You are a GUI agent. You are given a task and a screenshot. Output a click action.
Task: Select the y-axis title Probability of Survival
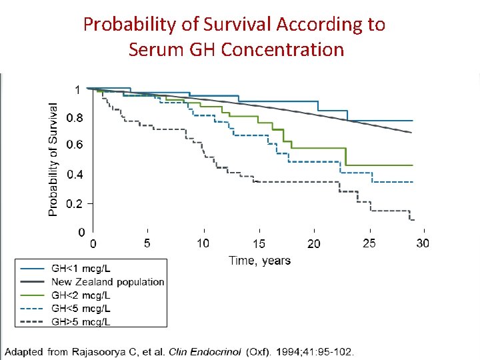pos(53,159)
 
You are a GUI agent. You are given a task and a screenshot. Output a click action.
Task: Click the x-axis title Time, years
pos(259,260)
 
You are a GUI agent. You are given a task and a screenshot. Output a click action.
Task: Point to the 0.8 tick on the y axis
pos(75,118)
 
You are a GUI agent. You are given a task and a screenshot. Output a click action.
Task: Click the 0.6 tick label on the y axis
pos(75,145)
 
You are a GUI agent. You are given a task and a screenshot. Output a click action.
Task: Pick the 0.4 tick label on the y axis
pos(75,175)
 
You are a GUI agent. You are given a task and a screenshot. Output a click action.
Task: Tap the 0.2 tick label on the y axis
pos(75,204)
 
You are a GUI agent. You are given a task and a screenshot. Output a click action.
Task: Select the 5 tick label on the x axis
pos(147,243)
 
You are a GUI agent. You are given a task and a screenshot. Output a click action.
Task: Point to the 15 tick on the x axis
pos(259,244)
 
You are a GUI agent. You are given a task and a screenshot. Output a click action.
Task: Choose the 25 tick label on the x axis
pos(369,243)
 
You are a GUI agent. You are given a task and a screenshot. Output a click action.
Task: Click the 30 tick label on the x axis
pos(423,243)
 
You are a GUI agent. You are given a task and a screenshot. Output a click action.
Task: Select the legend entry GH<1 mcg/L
pos(81,268)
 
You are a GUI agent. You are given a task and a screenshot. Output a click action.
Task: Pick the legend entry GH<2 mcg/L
pos(81,295)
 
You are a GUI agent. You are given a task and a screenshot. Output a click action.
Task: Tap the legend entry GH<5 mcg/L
pos(81,309)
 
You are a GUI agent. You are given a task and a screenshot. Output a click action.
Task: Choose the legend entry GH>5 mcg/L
pos(81,322)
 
